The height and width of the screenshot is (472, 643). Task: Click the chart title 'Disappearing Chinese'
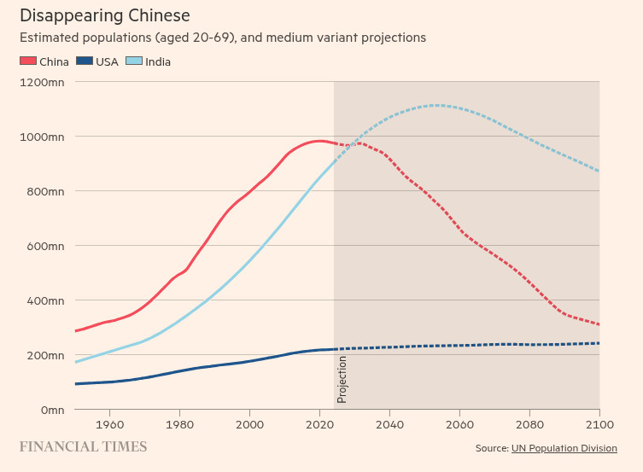[104, 15]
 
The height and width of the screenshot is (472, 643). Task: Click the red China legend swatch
[28, 61]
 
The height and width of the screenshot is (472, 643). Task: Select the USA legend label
[107, 61]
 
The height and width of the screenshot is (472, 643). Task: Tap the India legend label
[158, 61]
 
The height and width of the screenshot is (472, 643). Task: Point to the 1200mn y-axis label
[42, 82]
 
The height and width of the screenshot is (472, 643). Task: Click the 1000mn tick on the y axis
[42, 137]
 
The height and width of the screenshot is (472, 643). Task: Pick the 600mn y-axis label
[45, 246]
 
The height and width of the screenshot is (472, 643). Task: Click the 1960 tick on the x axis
[109, 423]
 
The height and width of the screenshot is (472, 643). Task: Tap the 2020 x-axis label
[319, 423]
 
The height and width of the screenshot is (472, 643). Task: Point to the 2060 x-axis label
[459, 423]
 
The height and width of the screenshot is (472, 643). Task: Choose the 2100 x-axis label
[599, 423]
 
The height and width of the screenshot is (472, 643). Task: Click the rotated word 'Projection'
[342, 379]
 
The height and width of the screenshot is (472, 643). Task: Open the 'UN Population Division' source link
[564, 448]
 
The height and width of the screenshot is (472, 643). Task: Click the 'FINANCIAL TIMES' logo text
[83, 446]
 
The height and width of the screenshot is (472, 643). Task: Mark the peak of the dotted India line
[436, 106]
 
